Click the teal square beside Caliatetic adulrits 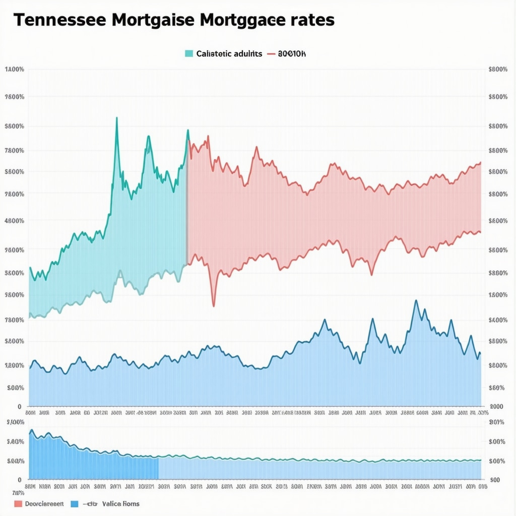189,53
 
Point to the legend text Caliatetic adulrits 229,53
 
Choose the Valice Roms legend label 120,503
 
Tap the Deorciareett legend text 44,503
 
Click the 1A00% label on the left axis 14,70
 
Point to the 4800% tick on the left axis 14,221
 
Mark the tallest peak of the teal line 117,118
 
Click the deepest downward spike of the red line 214,306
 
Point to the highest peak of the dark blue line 416,301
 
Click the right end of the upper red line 480,163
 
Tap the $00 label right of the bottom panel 495,480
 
